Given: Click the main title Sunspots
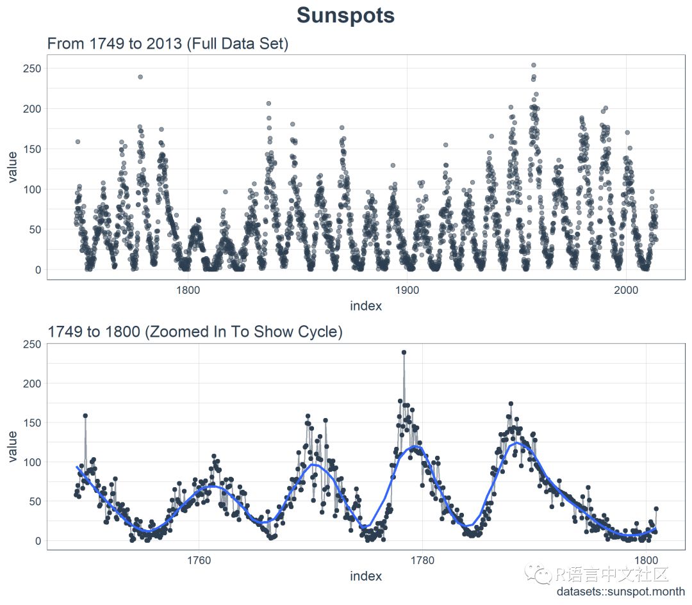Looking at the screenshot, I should pos(346,16).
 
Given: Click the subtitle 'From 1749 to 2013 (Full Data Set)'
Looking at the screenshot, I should pos(168,44).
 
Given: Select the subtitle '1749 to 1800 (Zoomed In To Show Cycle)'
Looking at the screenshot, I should pos(195,332).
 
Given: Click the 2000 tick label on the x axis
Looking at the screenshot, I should pos(626,290).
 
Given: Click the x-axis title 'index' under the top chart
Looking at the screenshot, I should pos(366,306).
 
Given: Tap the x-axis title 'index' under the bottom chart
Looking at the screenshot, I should pos(366,576).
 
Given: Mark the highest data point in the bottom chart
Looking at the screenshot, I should pos(404,352).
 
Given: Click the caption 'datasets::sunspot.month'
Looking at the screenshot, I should pos(620,592).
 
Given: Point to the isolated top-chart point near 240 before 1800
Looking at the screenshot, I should pos(140,77).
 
